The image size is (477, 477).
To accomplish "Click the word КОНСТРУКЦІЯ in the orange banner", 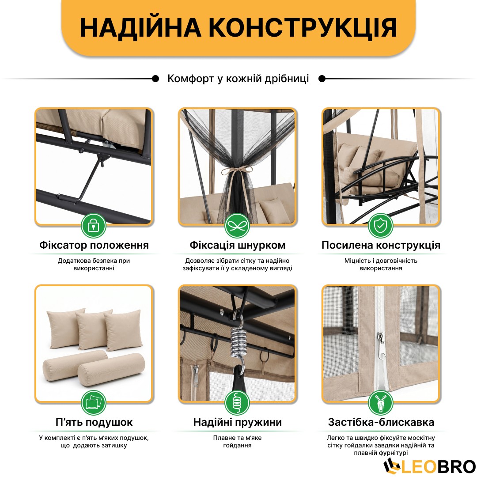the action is click(303, 28).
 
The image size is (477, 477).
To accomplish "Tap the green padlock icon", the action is click(94, 226).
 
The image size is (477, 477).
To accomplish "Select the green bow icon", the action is click(237, 226).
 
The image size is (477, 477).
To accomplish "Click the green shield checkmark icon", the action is click(381, 226).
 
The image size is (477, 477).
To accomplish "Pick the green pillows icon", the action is click(94, 403).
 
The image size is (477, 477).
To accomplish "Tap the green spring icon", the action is click(237, 403).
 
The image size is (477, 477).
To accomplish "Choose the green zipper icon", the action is click(381, 403).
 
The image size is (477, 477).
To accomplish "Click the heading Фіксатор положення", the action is click(94, 245).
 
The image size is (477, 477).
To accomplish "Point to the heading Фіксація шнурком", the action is click(238, 245).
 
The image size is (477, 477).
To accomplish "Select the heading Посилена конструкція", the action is click(381, 245).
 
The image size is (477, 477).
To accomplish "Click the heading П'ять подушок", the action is click(94, 422).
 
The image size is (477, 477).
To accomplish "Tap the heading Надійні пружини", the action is click(238, 422).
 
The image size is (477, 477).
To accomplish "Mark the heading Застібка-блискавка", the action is click(381, 422).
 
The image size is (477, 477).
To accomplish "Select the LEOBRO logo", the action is click(429, 466).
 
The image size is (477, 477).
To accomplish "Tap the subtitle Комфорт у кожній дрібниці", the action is click(238, 79).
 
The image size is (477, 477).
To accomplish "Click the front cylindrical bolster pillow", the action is click(111, 369).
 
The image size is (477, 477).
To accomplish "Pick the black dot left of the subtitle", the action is click(155, 79).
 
